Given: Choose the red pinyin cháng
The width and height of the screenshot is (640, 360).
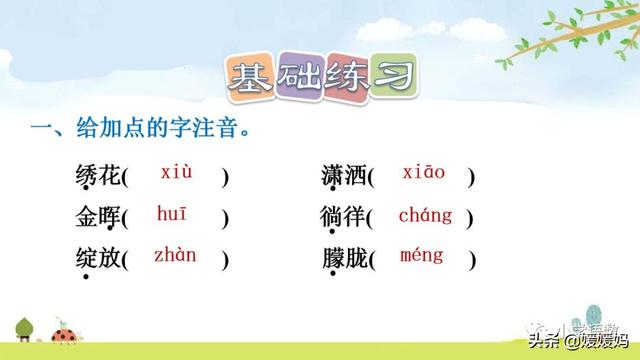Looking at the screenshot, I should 425,214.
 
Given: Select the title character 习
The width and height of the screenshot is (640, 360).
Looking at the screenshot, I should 393,76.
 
